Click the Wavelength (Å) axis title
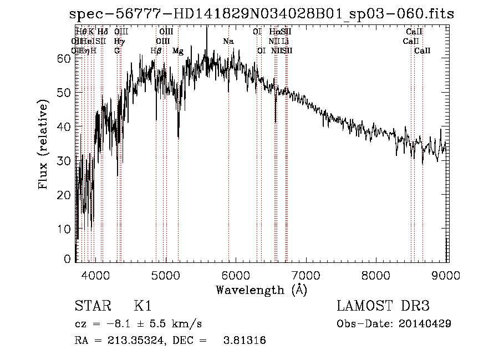[261, 289]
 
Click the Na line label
[228, 41]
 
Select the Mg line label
[178, 50]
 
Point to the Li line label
[285, 41]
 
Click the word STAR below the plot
[92, 306]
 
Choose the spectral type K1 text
[142, 306]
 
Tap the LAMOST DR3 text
[383, 306]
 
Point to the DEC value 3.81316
[243, 341]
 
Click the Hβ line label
[156, 50]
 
